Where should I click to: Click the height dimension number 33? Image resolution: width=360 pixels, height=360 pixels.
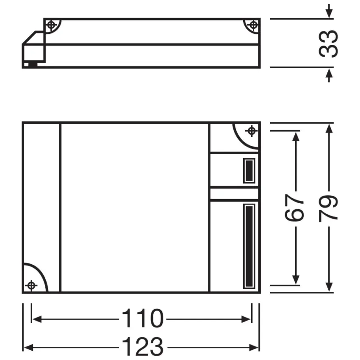point(329,43)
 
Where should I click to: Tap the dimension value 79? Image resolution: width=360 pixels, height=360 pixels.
point(329,208)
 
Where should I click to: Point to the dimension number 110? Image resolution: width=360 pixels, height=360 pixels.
point(142,318)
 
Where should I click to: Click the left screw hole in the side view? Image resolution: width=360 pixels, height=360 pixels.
point(51,25)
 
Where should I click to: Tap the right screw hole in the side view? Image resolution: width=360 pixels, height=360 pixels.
point(253,25)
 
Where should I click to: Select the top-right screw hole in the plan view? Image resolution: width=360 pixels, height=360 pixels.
point(252,130)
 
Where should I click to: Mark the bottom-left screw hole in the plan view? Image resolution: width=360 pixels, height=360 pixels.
point(30,285)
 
